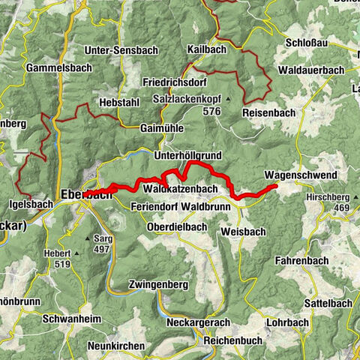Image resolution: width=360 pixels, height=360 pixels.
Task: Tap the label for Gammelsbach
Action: [x=58, y=67]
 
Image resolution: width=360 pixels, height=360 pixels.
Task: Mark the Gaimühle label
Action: [x=161, y=128]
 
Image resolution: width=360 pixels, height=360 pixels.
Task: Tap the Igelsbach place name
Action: [x=29, y=203]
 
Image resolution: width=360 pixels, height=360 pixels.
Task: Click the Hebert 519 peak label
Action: [x=59, y=258]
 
